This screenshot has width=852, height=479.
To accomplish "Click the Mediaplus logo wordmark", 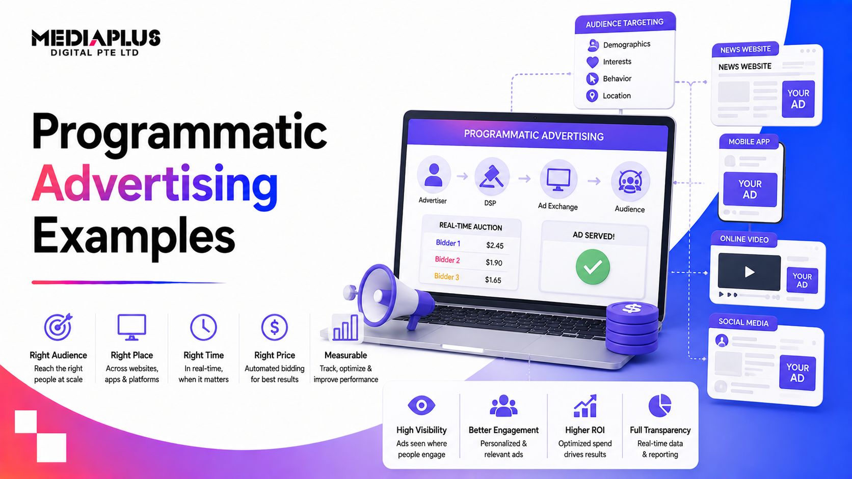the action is click(96, 42).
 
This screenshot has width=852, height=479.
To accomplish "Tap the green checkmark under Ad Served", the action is click(593, 267).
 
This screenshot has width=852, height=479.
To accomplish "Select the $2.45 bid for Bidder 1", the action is click(495, 245).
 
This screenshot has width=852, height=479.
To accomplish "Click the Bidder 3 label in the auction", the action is click(446, 276).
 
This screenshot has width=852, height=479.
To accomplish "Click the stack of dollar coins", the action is click(632, 327).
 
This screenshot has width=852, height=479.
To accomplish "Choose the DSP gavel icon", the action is click(491, 177).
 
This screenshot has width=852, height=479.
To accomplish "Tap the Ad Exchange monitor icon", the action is click(558, 180).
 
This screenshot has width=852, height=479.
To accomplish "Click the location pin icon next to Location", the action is click(592, 96).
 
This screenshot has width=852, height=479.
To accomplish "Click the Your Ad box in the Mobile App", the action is click(750, 189).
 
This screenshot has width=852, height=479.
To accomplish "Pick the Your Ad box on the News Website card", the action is click(798, 99).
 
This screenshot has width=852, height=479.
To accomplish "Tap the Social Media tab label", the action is click(743, 323).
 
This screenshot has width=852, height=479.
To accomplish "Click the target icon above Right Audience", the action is click(58, 327).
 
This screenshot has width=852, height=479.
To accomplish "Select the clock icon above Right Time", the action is click(203, 327).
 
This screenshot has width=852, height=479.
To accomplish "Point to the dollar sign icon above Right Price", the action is click(274, 327).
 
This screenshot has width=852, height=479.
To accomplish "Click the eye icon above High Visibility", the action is click(421, 405).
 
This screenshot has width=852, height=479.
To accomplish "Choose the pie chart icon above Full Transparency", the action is click(660, 405).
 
